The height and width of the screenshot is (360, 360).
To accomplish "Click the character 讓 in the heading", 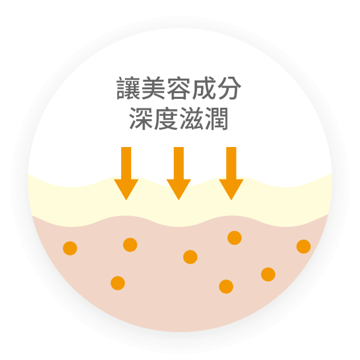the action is pyautogui.click(x=128, y=88).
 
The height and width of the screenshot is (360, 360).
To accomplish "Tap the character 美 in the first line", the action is pyautogui.click(x=153, y=88).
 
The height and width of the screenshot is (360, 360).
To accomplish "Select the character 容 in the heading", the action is pyautogui.click(x=179, y=88).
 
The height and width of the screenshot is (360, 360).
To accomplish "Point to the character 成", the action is pyautogui.click(x=204, y=88).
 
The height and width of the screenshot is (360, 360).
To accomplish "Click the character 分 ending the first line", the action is pyautogui.click(x=229, y=88).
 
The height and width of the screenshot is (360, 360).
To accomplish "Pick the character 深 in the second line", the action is pyautogui.click(x=141, y=119).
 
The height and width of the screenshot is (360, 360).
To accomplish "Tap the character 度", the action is pyautogui.click(x=166, y=119).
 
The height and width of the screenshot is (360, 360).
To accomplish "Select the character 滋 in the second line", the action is pyautogui.click(x=191, y=119).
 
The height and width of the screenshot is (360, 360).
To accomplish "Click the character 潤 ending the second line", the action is pyautogui.click(x=217, y=119).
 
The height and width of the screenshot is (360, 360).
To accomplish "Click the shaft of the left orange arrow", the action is pyautogui.click(x=126, y=164).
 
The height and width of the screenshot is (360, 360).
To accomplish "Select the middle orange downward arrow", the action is pyautogui.click(x=179, y=174).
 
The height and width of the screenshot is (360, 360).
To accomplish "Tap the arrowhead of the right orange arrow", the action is pyautogui.click(x=231, y=190).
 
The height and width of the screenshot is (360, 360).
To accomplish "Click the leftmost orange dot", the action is pyautogui.click(x=70, y=248).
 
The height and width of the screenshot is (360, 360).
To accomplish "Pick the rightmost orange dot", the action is pyautogui.click(x=304, y=247).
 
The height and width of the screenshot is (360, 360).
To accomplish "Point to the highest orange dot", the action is pyautogui.click(x=235, y=238).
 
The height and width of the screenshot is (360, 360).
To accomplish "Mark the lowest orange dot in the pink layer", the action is pyautogui.click(x=226, y=286).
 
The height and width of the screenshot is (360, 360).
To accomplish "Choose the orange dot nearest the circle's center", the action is pyautogui.click(x=190, y=257).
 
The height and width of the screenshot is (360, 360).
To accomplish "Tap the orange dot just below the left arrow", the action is pyautogui.click(x=130, y=245).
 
